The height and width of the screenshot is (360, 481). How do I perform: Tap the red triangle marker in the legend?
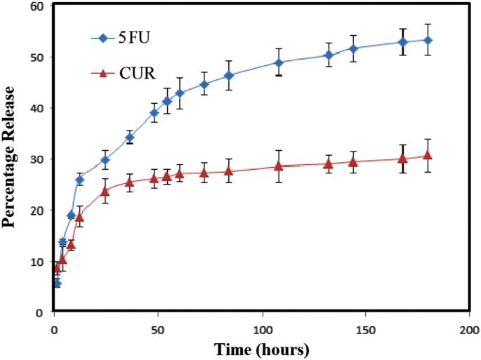click(x=103, y=72)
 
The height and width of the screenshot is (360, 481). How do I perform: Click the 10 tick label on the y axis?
click(x=37, y=262)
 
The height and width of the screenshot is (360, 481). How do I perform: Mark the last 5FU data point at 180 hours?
click(x=428, y=40)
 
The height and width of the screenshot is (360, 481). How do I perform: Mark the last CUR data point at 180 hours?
click(x=428, y=156)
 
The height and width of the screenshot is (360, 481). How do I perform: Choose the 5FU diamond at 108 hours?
click(x=279, y=62)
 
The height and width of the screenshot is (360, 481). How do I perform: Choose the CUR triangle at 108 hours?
click(x=279, y=166)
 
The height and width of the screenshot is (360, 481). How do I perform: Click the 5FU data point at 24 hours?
click(x=105, y=160)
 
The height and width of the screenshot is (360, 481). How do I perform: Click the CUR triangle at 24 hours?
click(x=105, y=191)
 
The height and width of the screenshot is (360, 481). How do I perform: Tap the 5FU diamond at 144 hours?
click(x=353, y=48)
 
